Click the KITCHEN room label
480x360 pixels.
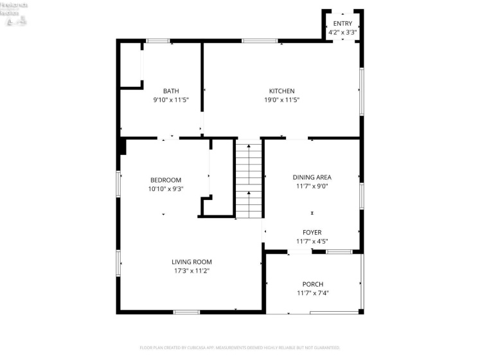281,91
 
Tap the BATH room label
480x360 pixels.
171,91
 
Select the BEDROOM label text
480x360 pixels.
166,180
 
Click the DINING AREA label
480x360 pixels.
312,177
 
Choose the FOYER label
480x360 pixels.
312,232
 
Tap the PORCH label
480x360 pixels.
313,284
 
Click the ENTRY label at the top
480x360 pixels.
342,24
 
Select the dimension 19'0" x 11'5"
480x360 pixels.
281,100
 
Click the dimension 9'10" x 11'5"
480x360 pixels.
171,100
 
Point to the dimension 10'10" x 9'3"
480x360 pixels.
166,189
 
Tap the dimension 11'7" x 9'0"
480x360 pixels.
312,186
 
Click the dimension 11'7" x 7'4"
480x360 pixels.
313,293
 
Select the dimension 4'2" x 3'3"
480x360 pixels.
342,32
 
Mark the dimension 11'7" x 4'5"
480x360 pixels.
312,241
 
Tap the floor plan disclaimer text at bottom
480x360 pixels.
240,348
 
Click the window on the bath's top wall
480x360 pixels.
157,41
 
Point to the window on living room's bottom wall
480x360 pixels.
186,312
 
